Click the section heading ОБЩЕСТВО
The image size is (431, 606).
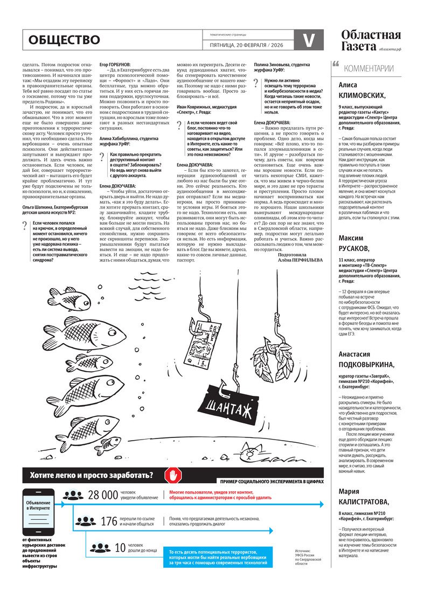tap(64, 40)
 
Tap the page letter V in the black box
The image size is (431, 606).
tap(309, 40)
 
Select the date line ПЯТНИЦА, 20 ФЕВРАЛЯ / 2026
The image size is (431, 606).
tap(248, 45)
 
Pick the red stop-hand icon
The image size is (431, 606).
tap(173, 475)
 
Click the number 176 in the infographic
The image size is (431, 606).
tap(108, 521)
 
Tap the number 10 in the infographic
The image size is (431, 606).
tap(120, 548)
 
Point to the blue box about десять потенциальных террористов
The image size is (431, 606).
tap(219, 557)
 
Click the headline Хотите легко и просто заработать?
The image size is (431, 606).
tap(91, 475)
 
